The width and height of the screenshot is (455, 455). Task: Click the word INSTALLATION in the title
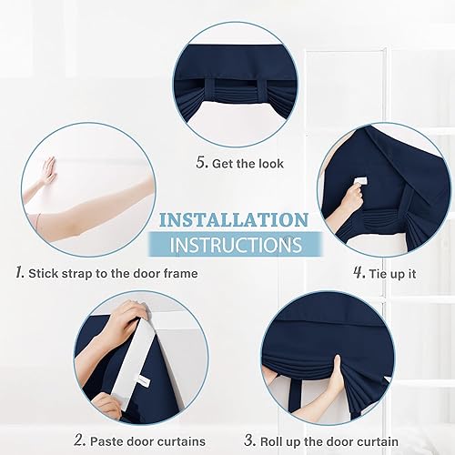[x=233, y=221]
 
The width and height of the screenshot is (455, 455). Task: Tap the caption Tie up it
[x=397, y=273]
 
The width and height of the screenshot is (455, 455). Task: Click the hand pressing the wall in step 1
[x=47, y=170]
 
